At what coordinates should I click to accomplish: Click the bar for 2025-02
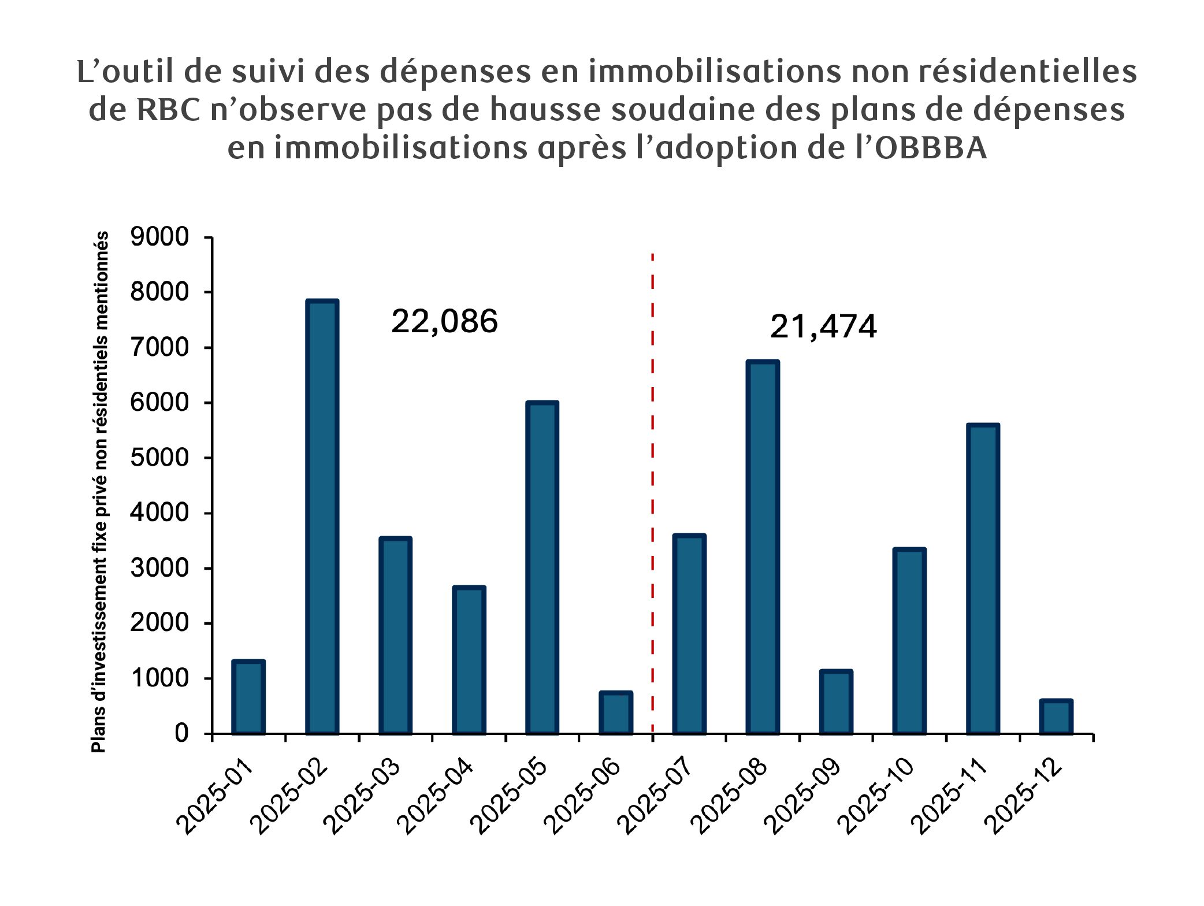[322, 517]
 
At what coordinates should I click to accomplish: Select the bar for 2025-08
[762, 547]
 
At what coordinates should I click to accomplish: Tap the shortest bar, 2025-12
[1056, 717]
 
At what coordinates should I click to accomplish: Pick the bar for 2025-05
[542, 567]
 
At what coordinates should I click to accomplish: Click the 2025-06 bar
[615, 713]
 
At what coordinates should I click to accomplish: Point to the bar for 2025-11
[982, 579]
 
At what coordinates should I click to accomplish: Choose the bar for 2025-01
[248, 697]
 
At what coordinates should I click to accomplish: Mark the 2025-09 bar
[835, 702]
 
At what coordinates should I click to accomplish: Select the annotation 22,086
[444, 321]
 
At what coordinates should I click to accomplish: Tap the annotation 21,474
[823, 326]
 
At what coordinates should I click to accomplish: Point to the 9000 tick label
[159, 237]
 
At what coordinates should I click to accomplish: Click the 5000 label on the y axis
[159, 458]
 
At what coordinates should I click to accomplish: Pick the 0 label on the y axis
[181, 733]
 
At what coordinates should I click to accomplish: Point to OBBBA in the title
[931, 148]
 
